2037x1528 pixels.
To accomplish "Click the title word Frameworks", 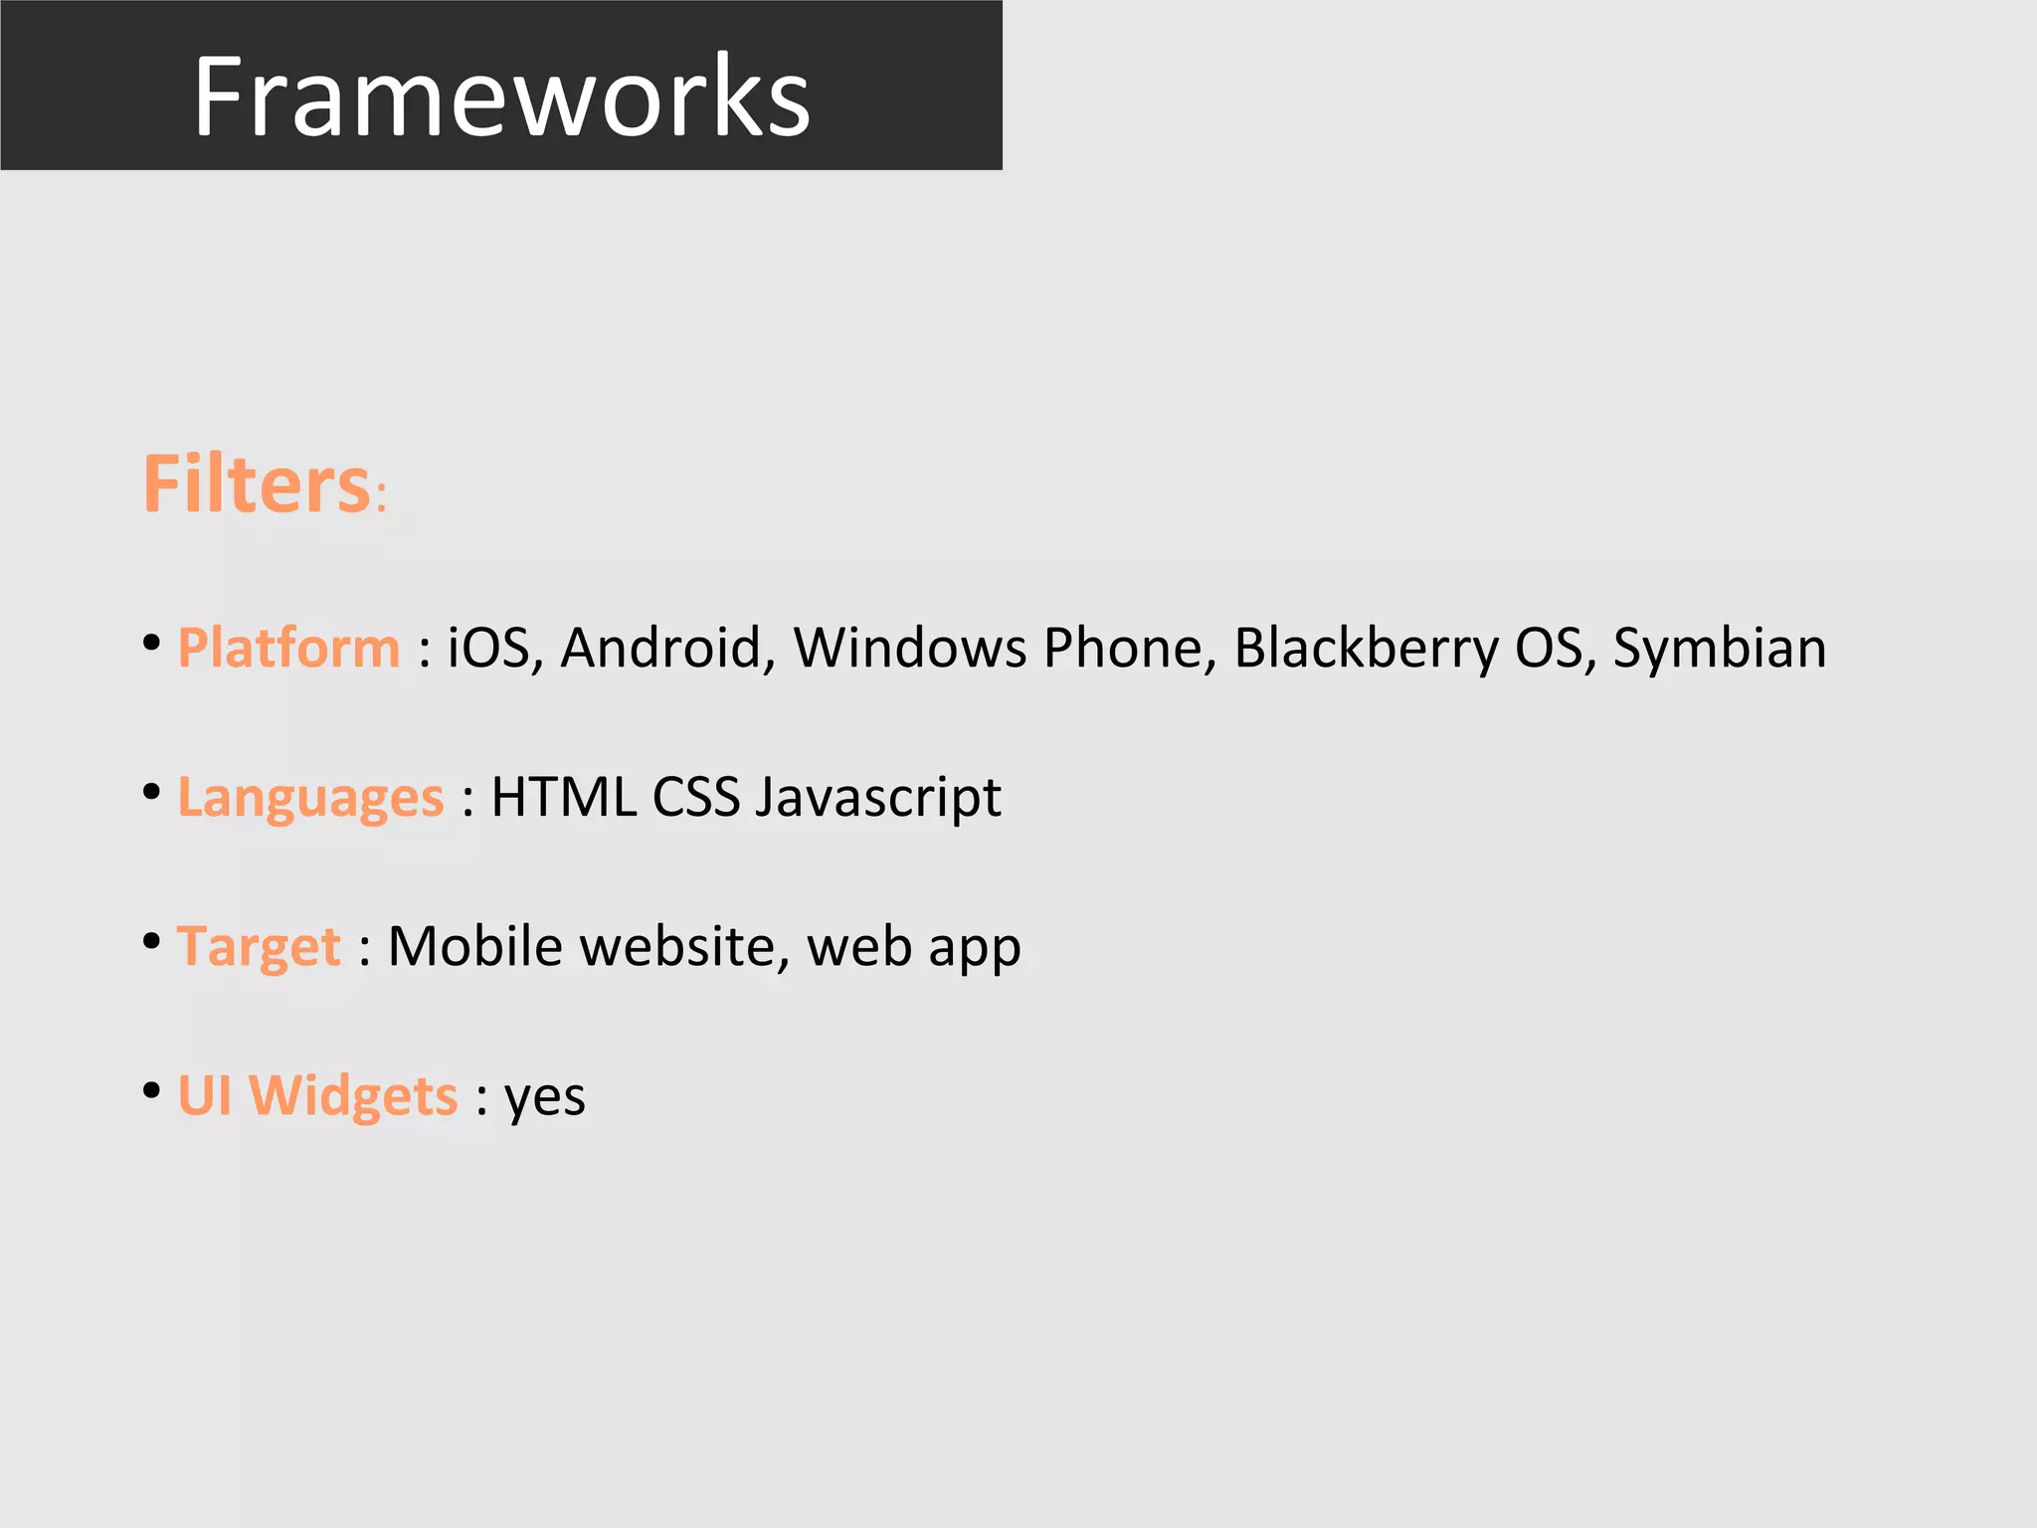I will click(501, 96).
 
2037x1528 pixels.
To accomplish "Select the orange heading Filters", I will click(258, 484).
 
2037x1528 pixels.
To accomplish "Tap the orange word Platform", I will click(288, 649).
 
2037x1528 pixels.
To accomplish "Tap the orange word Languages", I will click(310, 799).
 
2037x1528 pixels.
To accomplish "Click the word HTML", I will click(564, 798).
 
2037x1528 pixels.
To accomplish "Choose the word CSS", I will click(696, 798).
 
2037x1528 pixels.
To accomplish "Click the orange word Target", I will click(259, 947).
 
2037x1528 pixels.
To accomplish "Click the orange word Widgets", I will click(352, 1096).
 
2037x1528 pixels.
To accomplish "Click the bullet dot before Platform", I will click(151, 643).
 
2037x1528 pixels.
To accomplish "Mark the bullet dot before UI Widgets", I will click(151, 1090).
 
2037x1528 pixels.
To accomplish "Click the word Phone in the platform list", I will click(1130, 649).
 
